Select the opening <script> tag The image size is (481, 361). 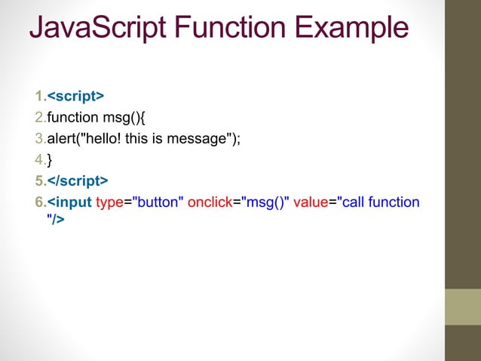click(76, 97)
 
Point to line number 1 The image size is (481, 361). click(39, 97)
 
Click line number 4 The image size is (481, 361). click(39, 160)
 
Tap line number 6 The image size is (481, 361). click(39, 202)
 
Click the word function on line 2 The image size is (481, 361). click(72, 118)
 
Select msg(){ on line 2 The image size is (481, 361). click(129, 118)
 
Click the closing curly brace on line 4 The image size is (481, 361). click(50, 160)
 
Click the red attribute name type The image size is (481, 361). click(109, 202)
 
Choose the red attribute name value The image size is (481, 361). click(311, 202)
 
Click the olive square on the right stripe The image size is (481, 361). click(462, 307)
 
